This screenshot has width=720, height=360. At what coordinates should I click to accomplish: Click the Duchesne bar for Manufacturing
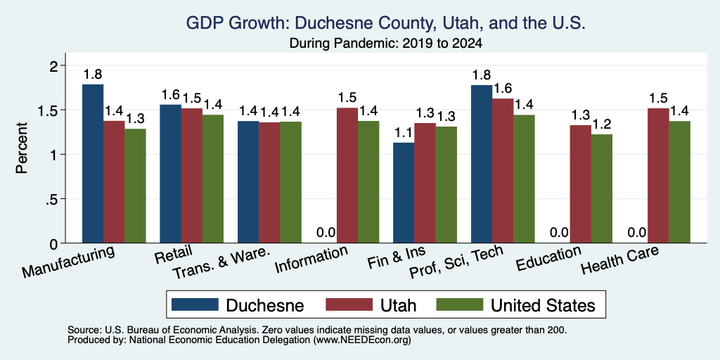[93, 163]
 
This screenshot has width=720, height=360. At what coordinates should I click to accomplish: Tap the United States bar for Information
[368, 182]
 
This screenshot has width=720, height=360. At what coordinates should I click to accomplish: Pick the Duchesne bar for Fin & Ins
[404, 193]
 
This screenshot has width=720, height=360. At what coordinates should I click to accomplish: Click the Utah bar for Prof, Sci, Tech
[503, 171]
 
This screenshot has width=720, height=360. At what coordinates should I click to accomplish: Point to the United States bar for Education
[602, 188]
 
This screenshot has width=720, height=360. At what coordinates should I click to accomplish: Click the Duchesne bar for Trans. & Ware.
[248, 182]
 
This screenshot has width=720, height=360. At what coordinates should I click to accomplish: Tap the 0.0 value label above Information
[326, 233]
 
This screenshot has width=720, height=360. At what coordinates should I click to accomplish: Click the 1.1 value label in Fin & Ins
[404, 133]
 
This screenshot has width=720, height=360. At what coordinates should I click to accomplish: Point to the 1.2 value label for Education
[602, 124]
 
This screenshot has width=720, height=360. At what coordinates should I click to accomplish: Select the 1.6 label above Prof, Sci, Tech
[503, 88]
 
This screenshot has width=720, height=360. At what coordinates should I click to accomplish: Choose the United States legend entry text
[544, 305]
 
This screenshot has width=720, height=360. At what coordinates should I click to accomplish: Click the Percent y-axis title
[22, 148]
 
